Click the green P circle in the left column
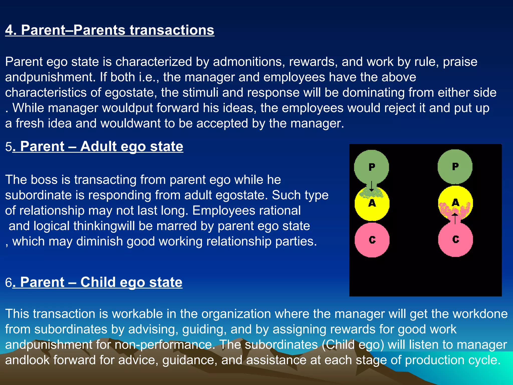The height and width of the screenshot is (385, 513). pos(371,167)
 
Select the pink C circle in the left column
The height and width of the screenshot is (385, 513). pos(372,240)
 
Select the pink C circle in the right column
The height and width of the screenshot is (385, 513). pos(455,239)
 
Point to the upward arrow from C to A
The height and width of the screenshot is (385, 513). pos(455,218)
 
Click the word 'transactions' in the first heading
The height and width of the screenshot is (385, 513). pos(172,30)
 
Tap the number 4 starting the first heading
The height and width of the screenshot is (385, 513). pos(9,30)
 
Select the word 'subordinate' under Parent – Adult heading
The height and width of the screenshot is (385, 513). pos(38,195)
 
